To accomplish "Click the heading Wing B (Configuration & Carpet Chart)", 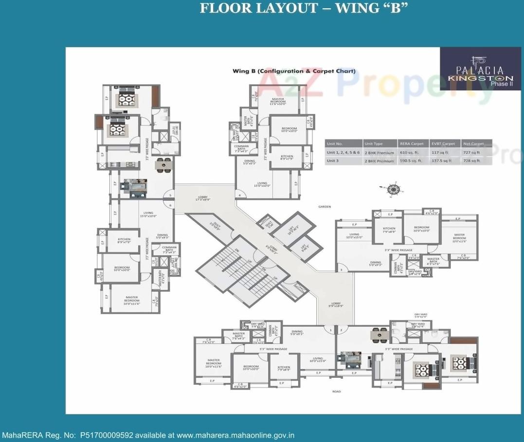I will coord(294,71).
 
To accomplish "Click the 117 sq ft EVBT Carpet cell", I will coord(441,152).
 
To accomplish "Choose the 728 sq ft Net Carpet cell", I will coord(473,160).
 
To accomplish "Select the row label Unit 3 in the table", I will coord(332,160).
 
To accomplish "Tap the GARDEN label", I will coord(325,207).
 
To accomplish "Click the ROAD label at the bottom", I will coord(336,391).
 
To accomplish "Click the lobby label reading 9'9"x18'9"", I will coord(336,305).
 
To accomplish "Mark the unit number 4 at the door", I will coord(239,195).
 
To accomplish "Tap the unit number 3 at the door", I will coord(342,270).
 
